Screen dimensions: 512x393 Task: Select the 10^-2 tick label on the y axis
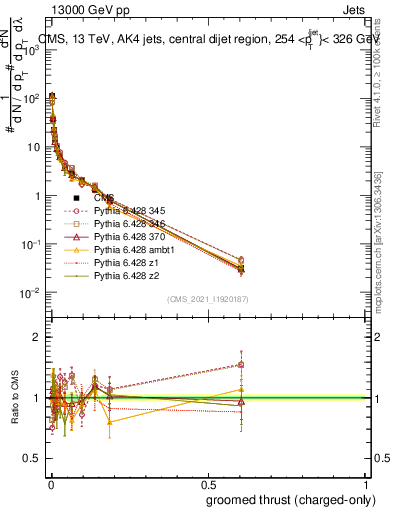32,293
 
